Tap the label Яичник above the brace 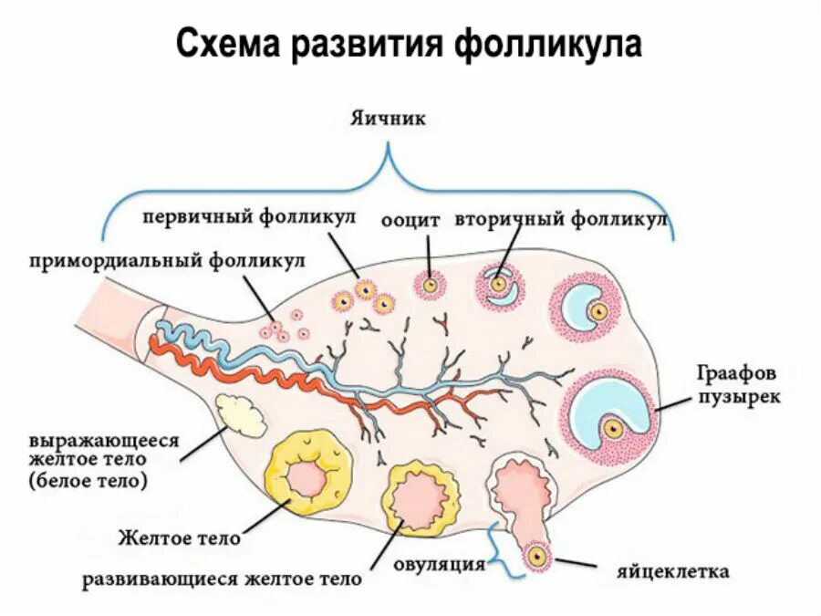[388, 119]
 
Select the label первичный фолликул [247, 216]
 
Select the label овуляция [439, 563]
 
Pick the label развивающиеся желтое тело [222, 579]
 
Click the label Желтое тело [180, 538]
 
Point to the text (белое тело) [88, 478]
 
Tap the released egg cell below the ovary [535, 555]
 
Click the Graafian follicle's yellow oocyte [614, 426]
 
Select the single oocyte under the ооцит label [428, 285]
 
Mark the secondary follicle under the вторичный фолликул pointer [499, 285]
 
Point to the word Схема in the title [228, 43]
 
